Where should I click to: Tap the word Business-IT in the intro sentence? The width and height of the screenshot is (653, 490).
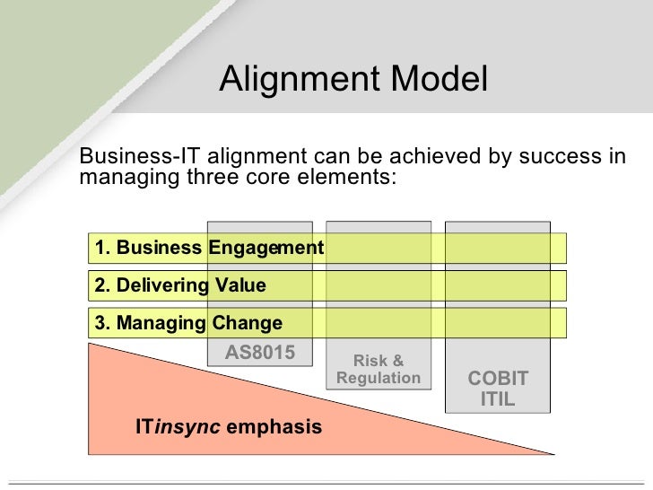click(127, 156)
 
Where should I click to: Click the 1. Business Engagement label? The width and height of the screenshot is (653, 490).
click(209, 248)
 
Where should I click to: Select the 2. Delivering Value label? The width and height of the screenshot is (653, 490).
click(180, 285)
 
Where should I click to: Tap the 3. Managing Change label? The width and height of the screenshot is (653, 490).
click(188, 323)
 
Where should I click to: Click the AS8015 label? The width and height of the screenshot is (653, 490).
click(259, 353)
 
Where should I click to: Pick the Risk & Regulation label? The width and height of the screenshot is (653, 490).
click(378, 370)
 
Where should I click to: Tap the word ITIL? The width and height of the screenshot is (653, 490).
click(498, 399)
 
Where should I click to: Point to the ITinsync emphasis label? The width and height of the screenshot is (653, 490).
click(228, 427)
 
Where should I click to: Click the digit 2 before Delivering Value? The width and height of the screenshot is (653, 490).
click(100, 285)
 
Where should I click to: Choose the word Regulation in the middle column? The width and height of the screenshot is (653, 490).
click(378, 378)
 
